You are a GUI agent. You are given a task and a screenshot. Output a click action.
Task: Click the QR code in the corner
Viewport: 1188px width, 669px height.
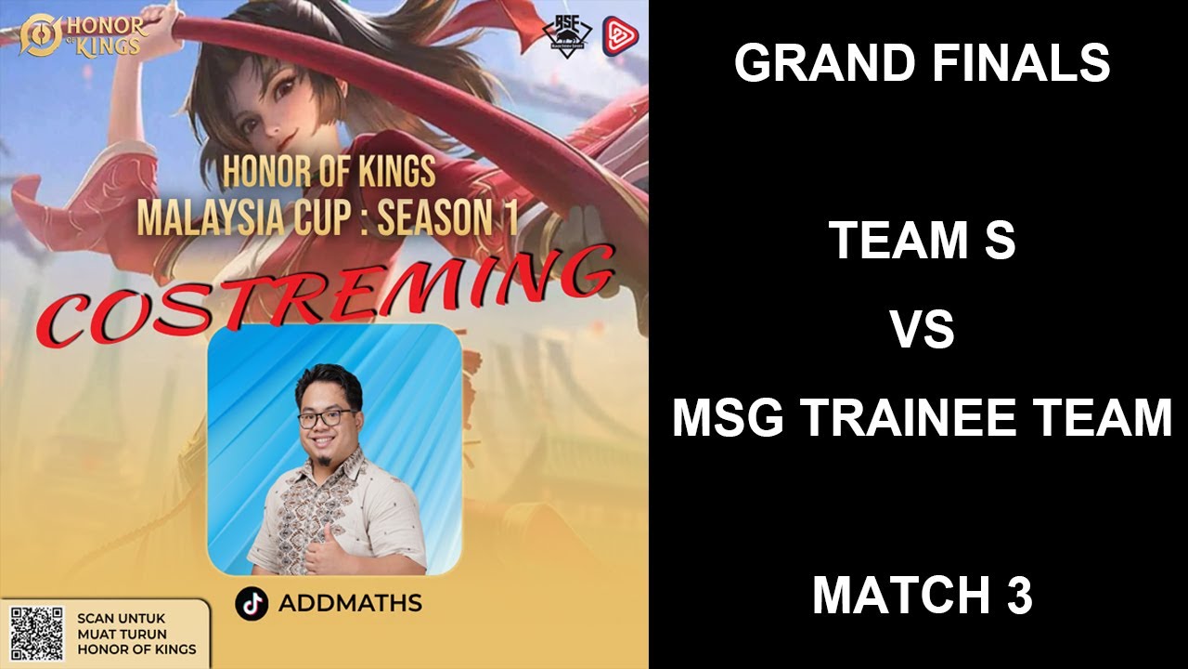tap(36, 634)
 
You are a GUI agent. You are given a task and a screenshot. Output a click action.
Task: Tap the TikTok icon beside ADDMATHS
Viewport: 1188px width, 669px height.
tap(252, 603)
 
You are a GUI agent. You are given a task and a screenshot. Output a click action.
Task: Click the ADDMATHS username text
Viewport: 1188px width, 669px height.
tap(350, 603)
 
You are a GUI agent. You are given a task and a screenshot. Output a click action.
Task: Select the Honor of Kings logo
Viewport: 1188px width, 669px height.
tap(83, 34)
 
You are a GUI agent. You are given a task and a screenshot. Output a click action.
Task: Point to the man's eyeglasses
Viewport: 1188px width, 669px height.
tap(326, 417)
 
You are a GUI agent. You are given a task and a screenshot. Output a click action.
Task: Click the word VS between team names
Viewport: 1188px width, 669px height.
tap(923, 330)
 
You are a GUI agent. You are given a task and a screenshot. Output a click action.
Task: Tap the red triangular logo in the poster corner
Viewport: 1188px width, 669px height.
tap(620, 35)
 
